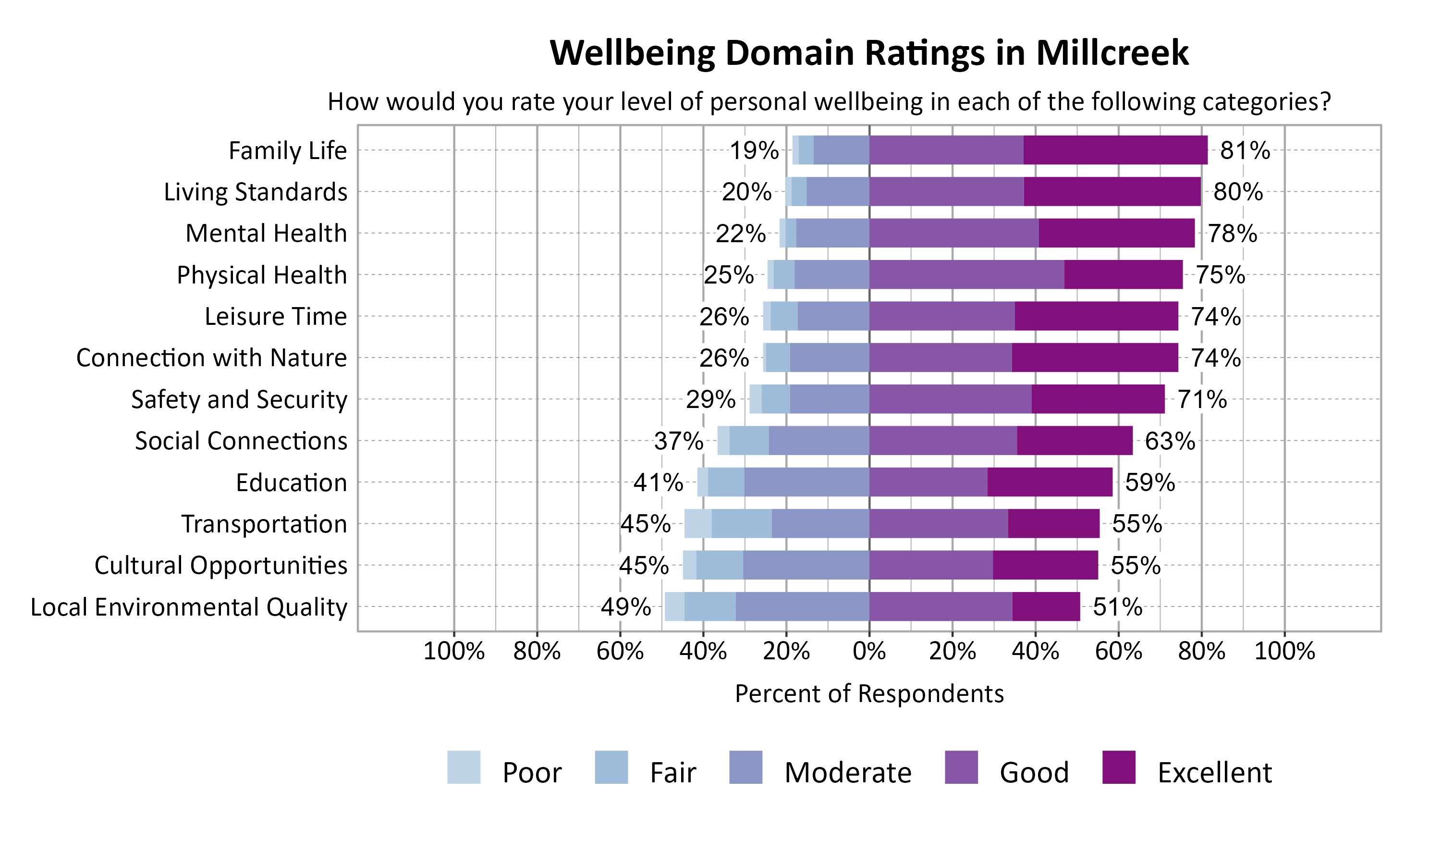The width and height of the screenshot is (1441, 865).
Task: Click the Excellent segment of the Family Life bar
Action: pyautogui.click(x=1115, y=150)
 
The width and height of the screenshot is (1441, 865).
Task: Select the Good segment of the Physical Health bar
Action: pyautogui.click(x=966, y=274)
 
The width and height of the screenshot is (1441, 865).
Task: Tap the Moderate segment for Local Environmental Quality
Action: pyautogui.click(x=802, y=607)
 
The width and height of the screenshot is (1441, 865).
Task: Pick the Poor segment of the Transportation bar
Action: pyautogui.click(x=697, y=523)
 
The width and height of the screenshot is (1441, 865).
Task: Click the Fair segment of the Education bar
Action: pyautogui.click(x=726, y=482)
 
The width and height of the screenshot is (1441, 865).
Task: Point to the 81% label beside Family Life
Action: pyautogui.click(x=1245, y=150)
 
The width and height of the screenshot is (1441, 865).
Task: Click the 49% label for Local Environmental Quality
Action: pyautogui.click(x=625, y=607)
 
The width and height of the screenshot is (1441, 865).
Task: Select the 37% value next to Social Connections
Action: pyautogui.click(x=678, y=441)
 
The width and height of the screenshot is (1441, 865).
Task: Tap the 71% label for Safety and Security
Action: pyautogui.click(x=1202, y=400)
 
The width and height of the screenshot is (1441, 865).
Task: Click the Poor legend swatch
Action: pyautogui.click(x=464, y=767)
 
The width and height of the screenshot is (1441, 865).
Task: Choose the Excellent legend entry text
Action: pyautogui.click(x=1214, y=773)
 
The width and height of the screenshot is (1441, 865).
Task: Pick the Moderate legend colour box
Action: pyautogui.click(x=745, y=767)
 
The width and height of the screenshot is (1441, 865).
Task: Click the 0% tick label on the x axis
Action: pyautogui.click(x=869, y=651)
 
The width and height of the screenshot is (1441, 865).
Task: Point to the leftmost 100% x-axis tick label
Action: pyautogui.click(x=454, y=651)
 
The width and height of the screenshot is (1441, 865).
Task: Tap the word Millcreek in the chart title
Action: pyautogui.click(x=1112, y=53)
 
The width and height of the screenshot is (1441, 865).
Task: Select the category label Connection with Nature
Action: pyautogui.click(x=211, y=358)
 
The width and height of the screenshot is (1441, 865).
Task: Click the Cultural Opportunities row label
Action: pyautogui.click(x=221, y=566)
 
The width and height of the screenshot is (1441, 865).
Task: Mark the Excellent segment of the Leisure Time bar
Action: pyautogui.click(x=1096, y=316)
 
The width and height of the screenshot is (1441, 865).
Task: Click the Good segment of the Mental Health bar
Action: pyautogui.click(x=953, y=233)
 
